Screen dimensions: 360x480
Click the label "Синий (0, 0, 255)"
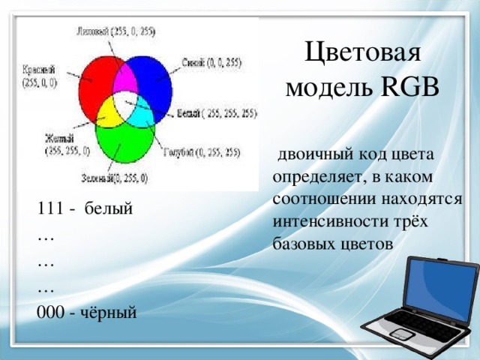(211, 63)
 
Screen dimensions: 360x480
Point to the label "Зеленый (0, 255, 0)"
(115, 178)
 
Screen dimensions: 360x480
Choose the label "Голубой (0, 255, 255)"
(202, 151)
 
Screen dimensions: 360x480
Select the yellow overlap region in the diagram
(109, 112)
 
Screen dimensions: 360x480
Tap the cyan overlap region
(142, 112)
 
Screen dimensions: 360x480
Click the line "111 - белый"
(85, 208)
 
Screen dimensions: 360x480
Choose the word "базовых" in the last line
(303, 244)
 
